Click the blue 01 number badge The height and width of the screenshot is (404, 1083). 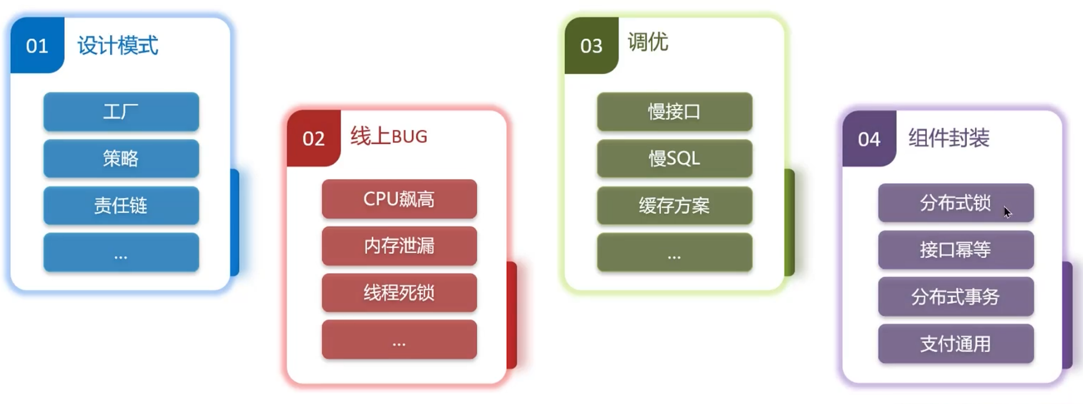(x=37, y=45)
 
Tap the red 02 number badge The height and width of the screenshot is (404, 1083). (x=314, y=138)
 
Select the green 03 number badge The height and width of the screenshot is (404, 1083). (x=592, y=45)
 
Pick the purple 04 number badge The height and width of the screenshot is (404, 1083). (x=869, y=139)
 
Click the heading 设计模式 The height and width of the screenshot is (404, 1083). (x=118, y=45)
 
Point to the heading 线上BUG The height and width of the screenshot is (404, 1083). (x=389, y=137)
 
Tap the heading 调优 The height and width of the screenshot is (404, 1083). (x=648, y=42)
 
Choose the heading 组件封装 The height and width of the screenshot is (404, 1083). (x=949, y=138)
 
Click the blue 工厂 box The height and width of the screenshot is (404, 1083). (x=121, y=111)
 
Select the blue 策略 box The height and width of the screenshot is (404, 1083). (x=121, y=158)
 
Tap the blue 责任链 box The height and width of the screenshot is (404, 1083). (x=121, y=206)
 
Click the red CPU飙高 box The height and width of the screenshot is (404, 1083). (x=399, y=199)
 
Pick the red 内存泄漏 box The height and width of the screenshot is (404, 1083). (x=399, y=246)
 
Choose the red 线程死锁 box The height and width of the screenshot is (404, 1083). (x=399, y=293)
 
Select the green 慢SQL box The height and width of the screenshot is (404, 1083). (x=675, y=158)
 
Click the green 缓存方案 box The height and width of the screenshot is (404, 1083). (x=675, y=206)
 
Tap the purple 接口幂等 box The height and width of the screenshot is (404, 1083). (x=956, y=250)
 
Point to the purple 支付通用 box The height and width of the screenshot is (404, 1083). (x=956, y=344)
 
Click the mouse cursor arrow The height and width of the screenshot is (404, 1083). (x=1008, y=212)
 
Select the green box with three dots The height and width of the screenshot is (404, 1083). (x=675, y=252)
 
